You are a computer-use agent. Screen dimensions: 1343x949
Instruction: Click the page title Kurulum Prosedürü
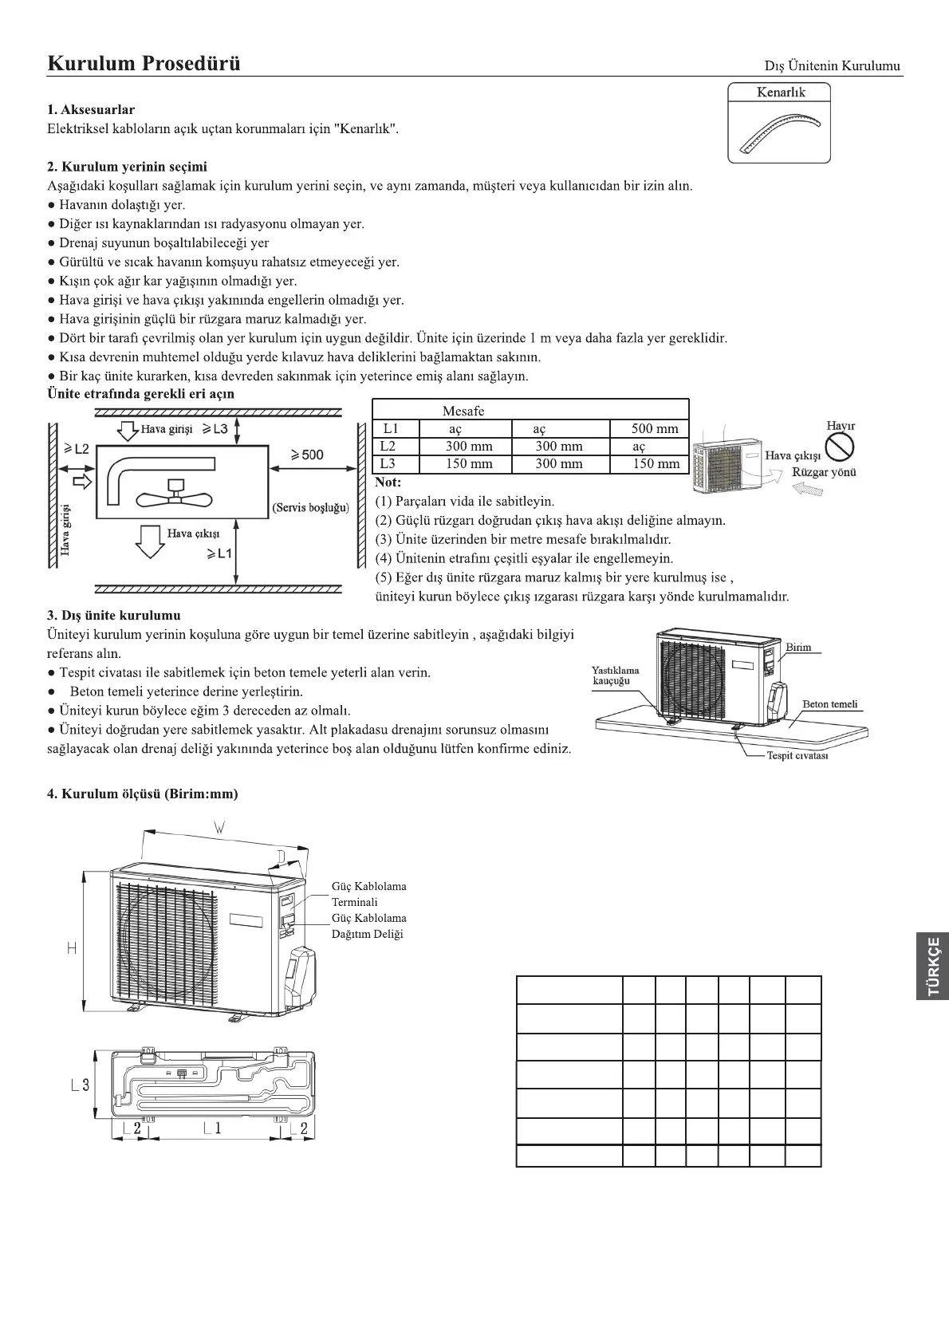144,63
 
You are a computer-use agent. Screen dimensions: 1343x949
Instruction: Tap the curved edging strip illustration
778,132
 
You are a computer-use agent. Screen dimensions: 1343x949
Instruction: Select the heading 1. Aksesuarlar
91,109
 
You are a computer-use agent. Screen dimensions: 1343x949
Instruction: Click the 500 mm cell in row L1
654,429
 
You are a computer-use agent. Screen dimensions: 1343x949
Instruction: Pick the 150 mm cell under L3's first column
469,464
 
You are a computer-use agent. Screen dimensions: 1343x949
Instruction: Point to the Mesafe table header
463,411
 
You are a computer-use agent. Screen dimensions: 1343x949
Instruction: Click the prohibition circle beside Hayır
840,448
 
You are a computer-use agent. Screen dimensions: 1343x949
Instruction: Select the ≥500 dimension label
307,455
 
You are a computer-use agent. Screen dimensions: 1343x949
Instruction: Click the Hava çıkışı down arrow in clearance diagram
149,541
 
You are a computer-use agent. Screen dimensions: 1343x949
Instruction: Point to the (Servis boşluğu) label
311,507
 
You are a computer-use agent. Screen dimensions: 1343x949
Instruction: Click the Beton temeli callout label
830,704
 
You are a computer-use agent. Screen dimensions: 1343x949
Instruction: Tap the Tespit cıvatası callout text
797,755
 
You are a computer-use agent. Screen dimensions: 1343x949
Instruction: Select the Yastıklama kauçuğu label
616,675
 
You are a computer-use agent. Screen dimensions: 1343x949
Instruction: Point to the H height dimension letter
72,947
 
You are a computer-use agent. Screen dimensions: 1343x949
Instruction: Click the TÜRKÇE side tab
932,966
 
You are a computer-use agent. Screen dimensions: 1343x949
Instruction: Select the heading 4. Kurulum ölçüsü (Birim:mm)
143,794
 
